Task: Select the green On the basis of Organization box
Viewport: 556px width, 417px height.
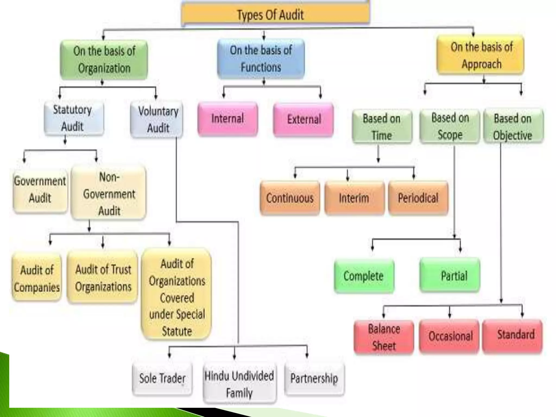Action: click(x=104, y=60)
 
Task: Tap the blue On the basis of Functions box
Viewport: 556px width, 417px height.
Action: click(x=261, y=59)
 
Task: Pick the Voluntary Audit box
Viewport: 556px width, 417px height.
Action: click(x=157, y=119)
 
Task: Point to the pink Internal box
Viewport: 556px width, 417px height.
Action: click(x=228, y=119)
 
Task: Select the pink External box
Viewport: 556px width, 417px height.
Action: click(x=304, y=119)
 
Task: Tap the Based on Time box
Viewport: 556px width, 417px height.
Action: click(x=382, y=127)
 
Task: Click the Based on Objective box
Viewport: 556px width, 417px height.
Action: click(x=513, y=127)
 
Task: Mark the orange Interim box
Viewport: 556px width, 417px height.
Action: click(x=354, y=198)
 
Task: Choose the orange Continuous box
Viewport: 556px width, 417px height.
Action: click(x=290, y=198)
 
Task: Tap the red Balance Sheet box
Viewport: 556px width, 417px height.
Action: click(x=384, y=337)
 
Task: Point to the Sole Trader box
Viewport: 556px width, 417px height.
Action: click(x=162, y=378)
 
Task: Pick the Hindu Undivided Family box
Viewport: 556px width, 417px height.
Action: click(x=239, y=384)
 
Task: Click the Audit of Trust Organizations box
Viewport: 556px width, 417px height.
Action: click(x=103, y=277)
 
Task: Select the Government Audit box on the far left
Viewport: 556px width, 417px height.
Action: click(x=40, y=189)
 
